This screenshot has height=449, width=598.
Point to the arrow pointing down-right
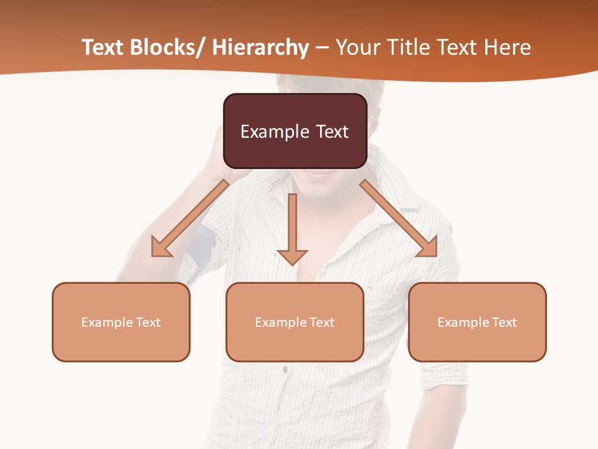pos(399,218)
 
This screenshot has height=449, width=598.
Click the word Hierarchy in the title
pos(260,47)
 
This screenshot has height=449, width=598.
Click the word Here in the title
pos(509,47)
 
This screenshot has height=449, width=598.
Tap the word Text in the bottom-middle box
pos(320,322)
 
